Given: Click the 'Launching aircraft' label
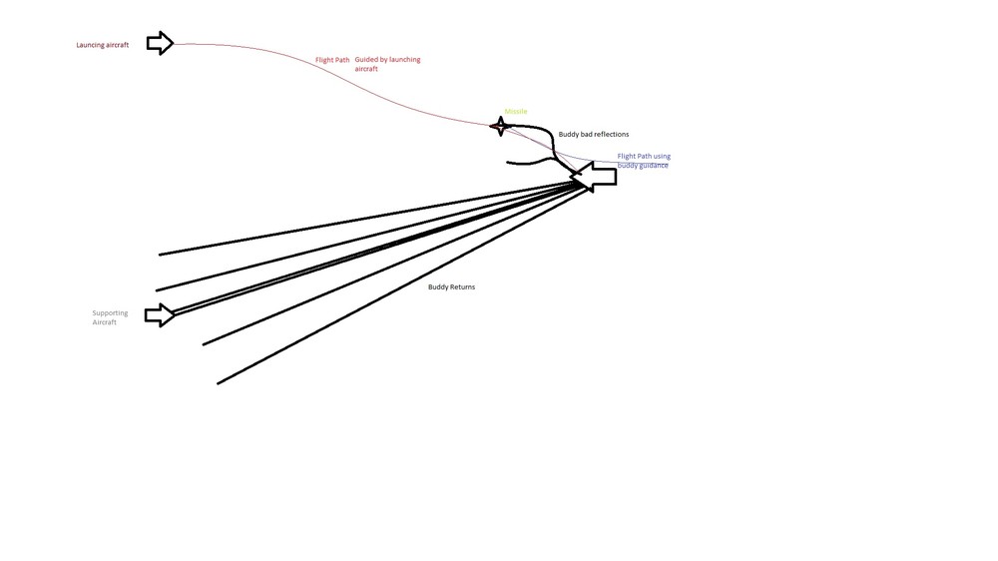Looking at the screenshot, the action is point(103,45).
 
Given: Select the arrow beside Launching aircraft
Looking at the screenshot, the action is point(161,43).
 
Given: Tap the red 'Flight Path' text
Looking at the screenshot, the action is point(332,60).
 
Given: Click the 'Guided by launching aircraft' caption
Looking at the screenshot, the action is point(387,64).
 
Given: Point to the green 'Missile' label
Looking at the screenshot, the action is point(516,112).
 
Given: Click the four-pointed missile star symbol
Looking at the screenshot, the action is point(501,126).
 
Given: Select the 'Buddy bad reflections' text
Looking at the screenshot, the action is point(593,135).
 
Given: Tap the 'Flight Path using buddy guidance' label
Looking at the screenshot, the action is point(644,161).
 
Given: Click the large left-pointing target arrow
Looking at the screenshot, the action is point(593,177).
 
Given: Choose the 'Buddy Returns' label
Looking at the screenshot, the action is point(451,287).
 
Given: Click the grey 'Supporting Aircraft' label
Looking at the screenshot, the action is point(110,317).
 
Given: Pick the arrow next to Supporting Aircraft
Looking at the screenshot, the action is point(159,315).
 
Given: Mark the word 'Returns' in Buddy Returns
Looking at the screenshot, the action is point(463,287).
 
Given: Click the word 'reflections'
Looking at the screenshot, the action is point(611,135).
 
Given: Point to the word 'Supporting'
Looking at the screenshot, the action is point(110,313).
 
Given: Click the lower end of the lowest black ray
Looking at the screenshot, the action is point(218,383).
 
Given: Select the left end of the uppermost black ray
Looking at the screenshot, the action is point(159,255).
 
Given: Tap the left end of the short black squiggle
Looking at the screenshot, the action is point(507,163).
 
